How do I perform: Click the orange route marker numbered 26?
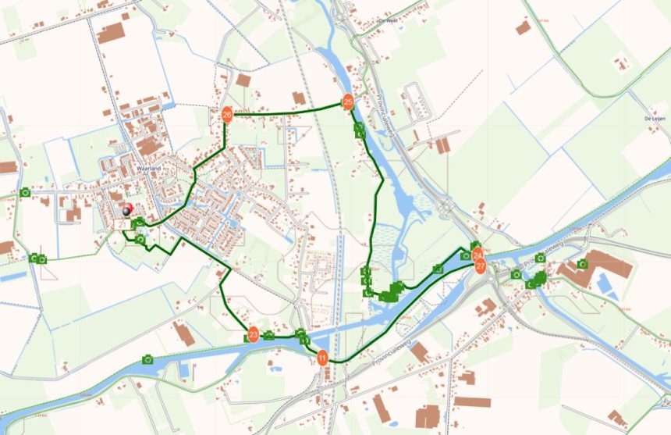(227, 115)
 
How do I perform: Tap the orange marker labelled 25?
(348, 102)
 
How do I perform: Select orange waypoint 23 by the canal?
(253, 334)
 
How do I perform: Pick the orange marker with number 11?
(321, 358)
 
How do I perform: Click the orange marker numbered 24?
(477, 255)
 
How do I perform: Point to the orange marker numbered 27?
(481, 266)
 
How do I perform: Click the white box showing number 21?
(121, 224)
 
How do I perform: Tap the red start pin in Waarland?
(127, 209)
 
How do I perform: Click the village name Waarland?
(147, 168)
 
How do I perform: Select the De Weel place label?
(388, 21)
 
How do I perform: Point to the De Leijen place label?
(655, 117)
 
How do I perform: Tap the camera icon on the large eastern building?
(581, 264)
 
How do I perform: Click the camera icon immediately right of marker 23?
(269, 335)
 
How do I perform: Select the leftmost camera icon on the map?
(25, 192)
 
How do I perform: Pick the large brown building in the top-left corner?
(111, 32)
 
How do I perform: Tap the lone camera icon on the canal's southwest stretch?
(147, 359)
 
